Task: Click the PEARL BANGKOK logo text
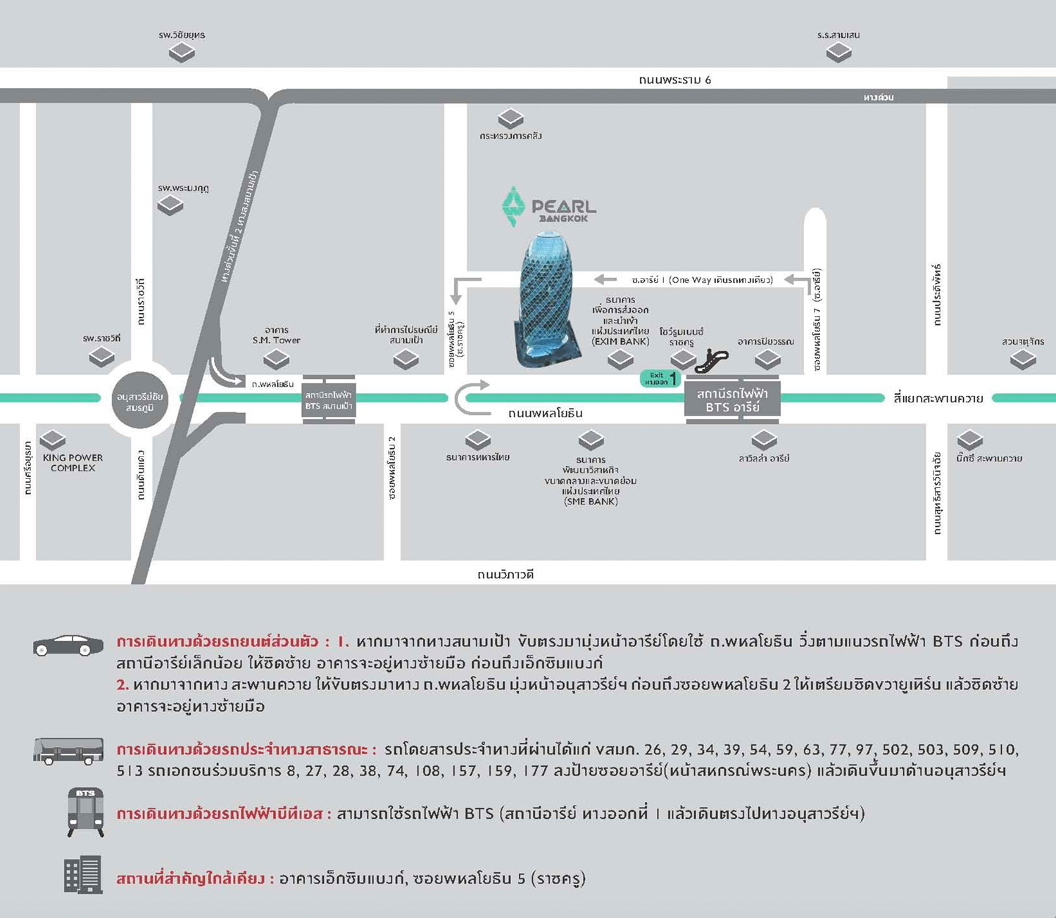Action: point(563,209)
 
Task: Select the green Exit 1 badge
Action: point(660,378)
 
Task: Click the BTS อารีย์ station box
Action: point(732,400)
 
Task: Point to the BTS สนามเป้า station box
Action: point(329,400)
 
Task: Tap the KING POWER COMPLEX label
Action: point(73,462)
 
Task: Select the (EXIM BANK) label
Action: point(620,341)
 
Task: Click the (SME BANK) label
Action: point(591,502)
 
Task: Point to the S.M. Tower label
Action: point(277,340)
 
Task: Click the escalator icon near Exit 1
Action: point(711,361)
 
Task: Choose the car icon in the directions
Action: point(68,645)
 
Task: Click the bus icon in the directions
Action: point(68,751)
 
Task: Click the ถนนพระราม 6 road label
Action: point(674,79)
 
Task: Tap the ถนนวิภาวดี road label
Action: point(505,574)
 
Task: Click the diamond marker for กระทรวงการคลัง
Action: point(510,117)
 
